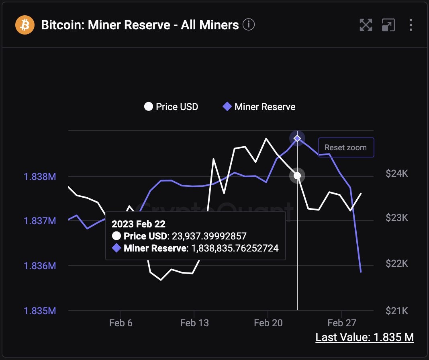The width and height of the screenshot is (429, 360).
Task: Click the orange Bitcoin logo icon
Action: point(25,25)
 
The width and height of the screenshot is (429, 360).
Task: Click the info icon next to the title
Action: point(249,25)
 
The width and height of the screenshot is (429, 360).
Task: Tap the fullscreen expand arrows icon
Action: point(366,25)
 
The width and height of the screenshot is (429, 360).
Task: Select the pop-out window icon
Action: point(388,25)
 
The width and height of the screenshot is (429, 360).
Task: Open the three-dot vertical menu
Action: point(411,25)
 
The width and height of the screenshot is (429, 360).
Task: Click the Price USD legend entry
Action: point(172,107)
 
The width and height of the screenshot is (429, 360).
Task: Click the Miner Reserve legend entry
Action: point(259,107)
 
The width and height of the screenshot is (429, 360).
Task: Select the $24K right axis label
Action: point(397,174)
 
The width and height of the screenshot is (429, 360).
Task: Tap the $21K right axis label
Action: point(397,311)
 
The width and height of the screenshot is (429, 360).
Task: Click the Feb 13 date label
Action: point(194,323)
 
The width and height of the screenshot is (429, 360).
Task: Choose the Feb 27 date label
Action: point(342,323)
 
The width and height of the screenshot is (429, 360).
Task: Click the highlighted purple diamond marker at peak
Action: point(297,139)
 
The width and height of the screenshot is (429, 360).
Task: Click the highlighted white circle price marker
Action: point(297,176)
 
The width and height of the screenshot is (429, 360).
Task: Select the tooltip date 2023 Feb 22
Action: point(138,224)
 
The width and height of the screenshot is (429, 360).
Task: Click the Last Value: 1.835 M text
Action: point(364,337)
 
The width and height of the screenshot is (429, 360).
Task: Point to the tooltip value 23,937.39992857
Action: point(209,236)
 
